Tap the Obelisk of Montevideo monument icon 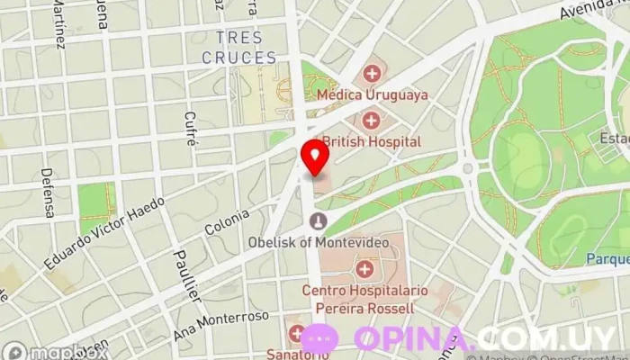click(315, 220)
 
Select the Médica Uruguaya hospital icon click(371, 73)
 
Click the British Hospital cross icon click(371, 120)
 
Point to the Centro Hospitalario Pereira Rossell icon click(364, 268)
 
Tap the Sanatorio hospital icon click(296, 334)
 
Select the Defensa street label click(48, 193)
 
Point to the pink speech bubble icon click(319, 340)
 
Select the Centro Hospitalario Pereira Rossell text click(357, 299)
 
